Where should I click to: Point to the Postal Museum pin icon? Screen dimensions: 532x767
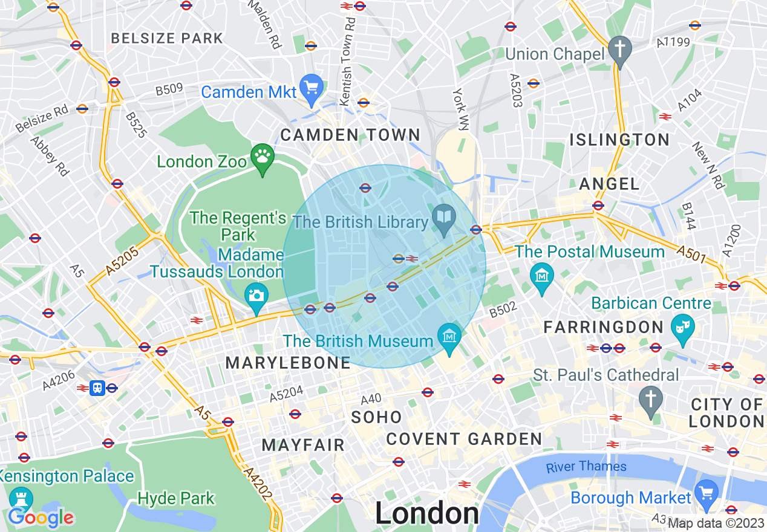541,276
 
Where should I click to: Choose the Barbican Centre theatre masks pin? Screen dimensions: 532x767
683,328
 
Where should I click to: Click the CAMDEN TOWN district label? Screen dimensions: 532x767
350,135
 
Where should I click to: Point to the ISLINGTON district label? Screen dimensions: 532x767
619,140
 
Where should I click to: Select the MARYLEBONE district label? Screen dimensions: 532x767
288,363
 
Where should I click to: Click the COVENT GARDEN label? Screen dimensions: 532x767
464,439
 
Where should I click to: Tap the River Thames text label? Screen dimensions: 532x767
586,466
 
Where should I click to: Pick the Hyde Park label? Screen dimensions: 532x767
176,499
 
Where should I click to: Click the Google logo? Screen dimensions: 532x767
41,517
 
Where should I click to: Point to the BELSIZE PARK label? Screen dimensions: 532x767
167,38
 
